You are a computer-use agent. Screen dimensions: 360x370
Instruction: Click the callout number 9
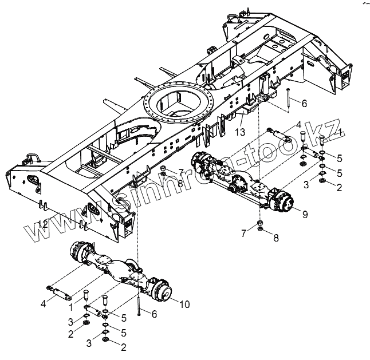tap(305, 215)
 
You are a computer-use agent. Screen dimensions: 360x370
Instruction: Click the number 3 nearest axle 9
tap(306, 184)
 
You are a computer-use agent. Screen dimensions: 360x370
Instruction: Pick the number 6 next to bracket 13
tap(305, 104)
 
